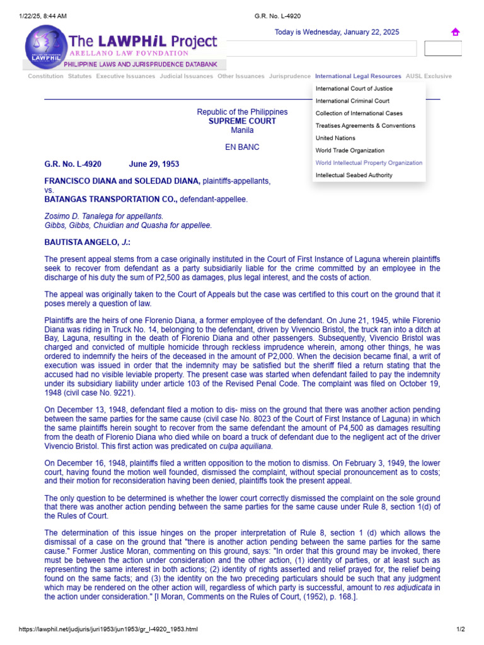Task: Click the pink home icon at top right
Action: (x=455, y=33)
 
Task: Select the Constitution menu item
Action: (x=45, y=76)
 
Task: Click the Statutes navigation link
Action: (x=79, y=76)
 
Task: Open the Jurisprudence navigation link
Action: (x=290, y=76)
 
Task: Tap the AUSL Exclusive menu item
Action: (x=429, y=76)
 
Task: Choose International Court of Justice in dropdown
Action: (x=354, y=89)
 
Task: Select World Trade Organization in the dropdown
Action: (x=350, y=151)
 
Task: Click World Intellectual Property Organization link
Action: (x=369, y=163)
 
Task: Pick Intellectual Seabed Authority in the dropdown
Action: (x=354, y=175)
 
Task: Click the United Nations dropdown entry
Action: (x=335, y=138)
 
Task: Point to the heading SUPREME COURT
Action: (x=242, y=121)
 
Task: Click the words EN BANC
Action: (x=242, y=147)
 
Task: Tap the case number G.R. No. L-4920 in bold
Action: (x=72, y=164)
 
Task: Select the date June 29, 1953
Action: (x=154, y=164)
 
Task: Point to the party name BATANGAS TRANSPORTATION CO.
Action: (x=110, y=199)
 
